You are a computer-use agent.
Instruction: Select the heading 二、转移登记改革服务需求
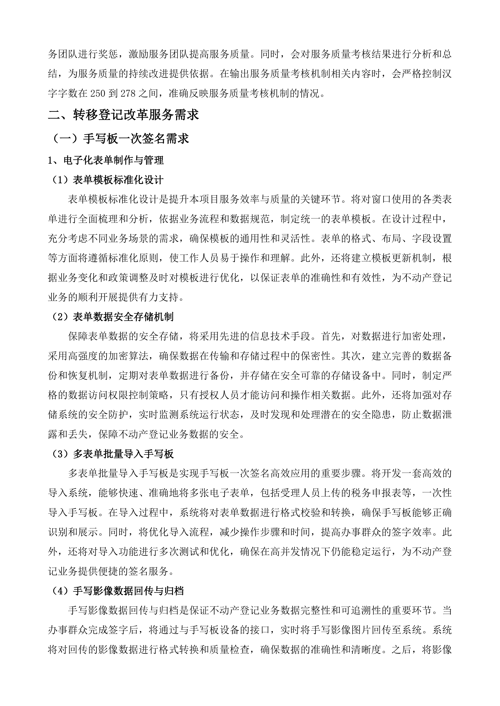point(124,115)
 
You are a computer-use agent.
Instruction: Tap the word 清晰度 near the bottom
point(367,650)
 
